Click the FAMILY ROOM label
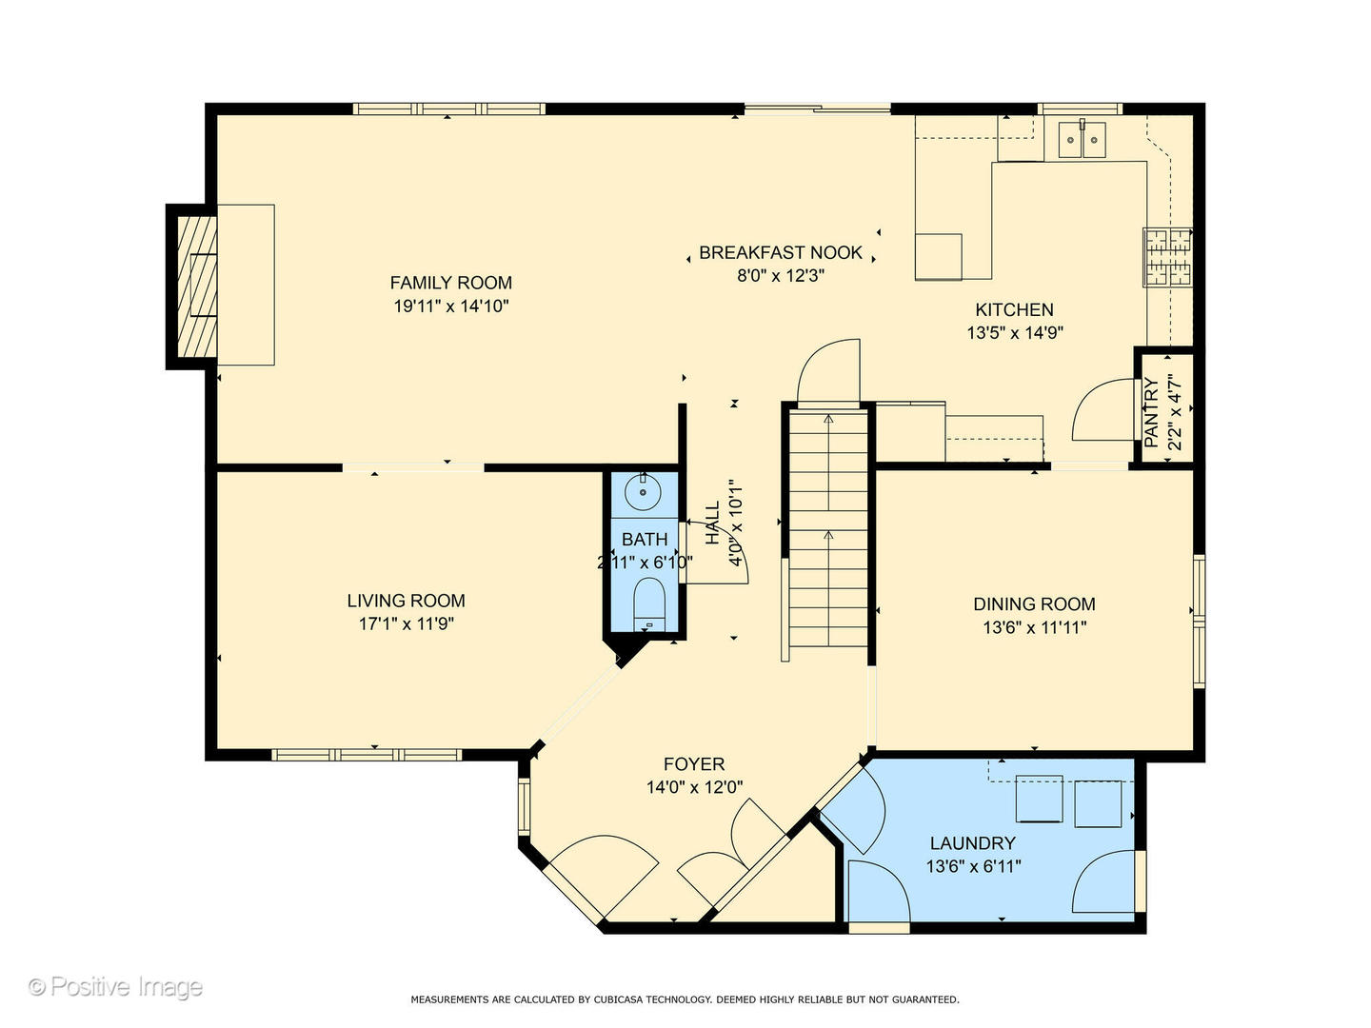pyautogui.click(x=450, y=283)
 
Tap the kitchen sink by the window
pyautogui.click(x=1082, y=140)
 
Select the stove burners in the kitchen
pyautogui.click(x=1166, y=257)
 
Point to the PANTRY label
pyautogui.click(x=1151, y=412)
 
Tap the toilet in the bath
pyautogui.click(x=649, y=605)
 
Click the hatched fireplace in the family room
pyautogui.click(x=197, y=286)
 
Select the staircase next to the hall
pyautogui.click(x=828, y=530)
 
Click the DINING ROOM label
pyautogui.click(x=1034, y=603)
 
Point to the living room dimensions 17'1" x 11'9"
pyautogui.click(x=406, y=623)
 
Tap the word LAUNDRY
pyautogui.click(x=972, y=843)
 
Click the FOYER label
pyautogui.click(x=694, y=764)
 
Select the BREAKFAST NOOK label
pyautogui.click(x=780, y=252)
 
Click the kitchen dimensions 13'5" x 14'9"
pyautogui.click(x=1015, y=333)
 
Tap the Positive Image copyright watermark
pyautogui.click(x=115, y=987)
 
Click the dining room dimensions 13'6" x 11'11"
pyautogui.click(x=1034, y=626)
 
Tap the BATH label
pyautogui.click(x=645, y=539)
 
